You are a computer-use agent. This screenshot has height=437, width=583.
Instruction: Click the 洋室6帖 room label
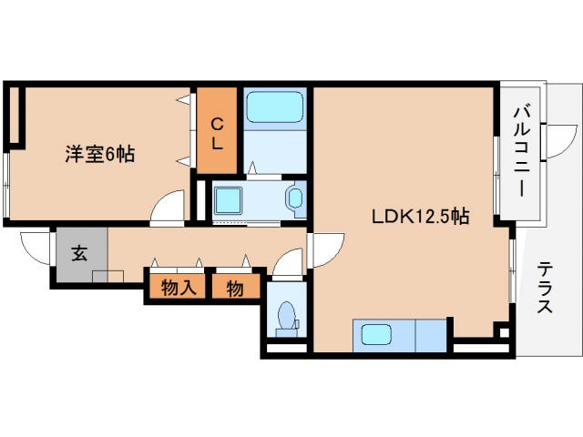pyautogui.click(x=99, y=154)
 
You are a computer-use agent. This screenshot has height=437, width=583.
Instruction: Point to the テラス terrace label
pyautogui.click(x=545, y=288)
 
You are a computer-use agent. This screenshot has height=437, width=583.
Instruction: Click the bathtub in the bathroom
pyautogui.click(x=274, y=110)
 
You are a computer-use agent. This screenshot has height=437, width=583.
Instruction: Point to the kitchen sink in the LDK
pyautogui.click(x=375, y=334)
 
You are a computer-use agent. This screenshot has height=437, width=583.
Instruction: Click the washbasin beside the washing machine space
pyautogui.click(x=295, y=198)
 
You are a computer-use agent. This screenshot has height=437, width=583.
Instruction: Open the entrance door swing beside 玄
pyautogui.click(x=35, y=247)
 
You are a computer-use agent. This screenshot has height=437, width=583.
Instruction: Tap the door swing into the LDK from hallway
pyautogui.click(x=323, y=246)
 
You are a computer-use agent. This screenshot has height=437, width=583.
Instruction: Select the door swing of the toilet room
pyautogui.click(x=287, y=266)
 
